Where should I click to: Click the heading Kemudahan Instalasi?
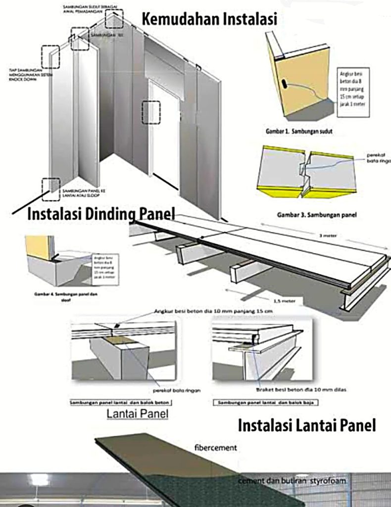(209, 19)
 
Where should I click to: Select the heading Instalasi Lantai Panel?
(307, 425)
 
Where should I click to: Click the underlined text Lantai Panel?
(138, 413)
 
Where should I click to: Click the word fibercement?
(216, 448)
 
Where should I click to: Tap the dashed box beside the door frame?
(151, 112)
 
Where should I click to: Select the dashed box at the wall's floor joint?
(51, 189)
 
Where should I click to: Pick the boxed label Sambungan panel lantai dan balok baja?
(266, 403)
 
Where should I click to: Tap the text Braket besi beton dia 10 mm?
(301, 390)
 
